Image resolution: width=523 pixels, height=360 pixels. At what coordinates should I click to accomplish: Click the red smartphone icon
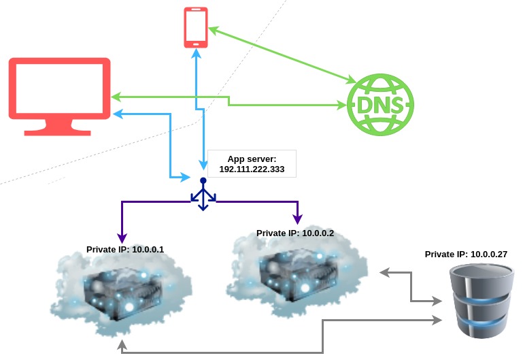click(x=196, y=27)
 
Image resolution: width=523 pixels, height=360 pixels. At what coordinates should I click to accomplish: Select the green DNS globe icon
click(x=380, y=105)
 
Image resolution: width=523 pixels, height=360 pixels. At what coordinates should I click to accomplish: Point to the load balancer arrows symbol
click(x=203, y=195)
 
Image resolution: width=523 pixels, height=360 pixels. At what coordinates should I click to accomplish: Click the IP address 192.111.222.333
click(x=252, y=168)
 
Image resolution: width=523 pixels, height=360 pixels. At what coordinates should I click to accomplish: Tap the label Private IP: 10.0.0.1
click(x=125, y=250)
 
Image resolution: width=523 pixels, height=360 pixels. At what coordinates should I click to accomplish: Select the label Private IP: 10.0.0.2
click(x=295, y=233)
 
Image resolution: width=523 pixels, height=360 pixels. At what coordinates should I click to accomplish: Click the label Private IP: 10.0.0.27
click(x=466, y=254)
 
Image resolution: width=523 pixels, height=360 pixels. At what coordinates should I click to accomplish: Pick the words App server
click(x=252, y=159)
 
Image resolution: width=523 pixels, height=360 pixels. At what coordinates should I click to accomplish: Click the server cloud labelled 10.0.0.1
click(x=122, y=293)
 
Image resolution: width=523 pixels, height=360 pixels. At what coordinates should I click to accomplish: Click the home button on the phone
click(x=196, y=43)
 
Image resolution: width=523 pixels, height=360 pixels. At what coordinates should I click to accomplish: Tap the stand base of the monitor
click(x=59, y=129)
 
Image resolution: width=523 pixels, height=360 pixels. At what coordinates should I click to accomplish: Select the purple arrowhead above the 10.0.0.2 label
click(x=297, y=219)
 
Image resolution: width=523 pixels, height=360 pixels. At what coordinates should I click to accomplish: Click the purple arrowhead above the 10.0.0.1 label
click(x=121, y=239)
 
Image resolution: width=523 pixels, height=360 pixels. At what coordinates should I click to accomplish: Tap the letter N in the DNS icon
click(x=380, y=106)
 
